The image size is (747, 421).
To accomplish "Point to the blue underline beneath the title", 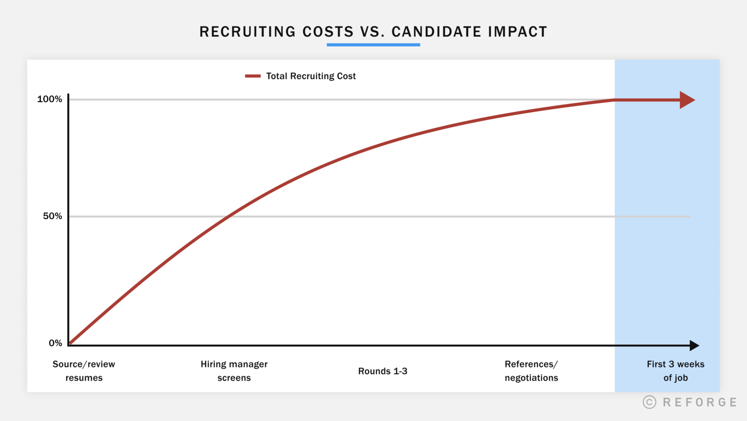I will (x=373, y=45).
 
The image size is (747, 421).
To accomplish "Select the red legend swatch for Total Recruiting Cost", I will (x=252, y=76).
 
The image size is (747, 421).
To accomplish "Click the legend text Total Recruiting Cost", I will (x=311, y=76).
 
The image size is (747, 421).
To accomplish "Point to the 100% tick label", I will (x=50, y=99).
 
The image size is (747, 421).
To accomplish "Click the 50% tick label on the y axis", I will (x=52, y=216).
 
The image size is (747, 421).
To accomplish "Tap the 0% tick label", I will (x=55, y=343).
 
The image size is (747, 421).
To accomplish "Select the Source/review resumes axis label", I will (x=84, y=371).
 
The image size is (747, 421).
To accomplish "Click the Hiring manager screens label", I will (x=234, y=371).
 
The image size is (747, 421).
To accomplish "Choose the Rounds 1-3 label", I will (x=382, y=371).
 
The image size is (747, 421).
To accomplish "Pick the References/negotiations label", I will (x=531, y=371).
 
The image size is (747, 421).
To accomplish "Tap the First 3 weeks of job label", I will (x=675, y=371).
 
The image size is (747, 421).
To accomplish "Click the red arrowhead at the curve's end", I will (x=687, y=100).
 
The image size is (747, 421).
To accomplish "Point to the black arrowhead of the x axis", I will (x=694, y=345).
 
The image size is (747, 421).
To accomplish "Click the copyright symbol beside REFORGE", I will (x=649, y=403).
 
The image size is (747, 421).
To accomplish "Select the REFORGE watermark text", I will (x=700, y=403).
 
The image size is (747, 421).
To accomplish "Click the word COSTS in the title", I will (x=328, y=32).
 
